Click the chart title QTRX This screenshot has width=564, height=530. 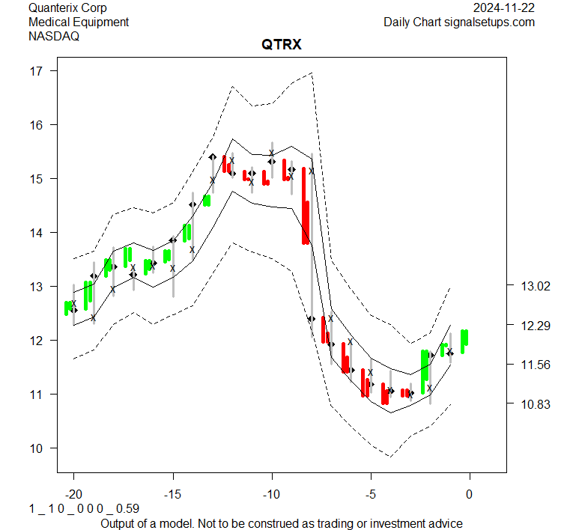(281, 45)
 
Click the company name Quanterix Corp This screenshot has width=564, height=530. (67, 8)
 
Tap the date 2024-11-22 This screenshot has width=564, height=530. (504, 8)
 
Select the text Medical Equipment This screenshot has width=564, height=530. (79, 22)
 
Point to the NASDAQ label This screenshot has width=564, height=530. (53, 35)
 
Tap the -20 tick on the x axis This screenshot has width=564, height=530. (74, 494)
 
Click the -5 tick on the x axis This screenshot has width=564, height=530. (371, 494)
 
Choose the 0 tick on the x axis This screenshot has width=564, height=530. (470, 494)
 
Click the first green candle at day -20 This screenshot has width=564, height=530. (68, 307)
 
